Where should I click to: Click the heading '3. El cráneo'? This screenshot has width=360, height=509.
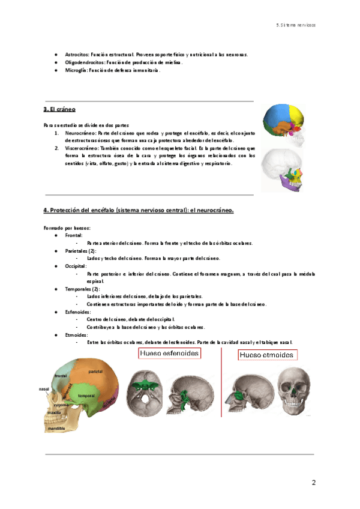[58, 110]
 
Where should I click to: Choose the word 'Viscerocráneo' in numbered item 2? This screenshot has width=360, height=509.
[81, 148]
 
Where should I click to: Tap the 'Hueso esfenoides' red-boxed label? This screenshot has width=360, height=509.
[169, 354]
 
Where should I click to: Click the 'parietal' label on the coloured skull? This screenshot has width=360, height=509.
[95, 372]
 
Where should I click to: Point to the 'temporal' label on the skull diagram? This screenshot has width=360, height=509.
[88, 396]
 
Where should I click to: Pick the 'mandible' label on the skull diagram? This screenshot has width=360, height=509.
[58, 429]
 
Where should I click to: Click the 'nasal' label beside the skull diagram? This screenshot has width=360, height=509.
[44, 389]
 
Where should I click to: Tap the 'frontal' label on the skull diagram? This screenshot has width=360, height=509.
[61, 376]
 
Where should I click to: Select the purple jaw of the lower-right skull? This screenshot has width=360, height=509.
[291, 185]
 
